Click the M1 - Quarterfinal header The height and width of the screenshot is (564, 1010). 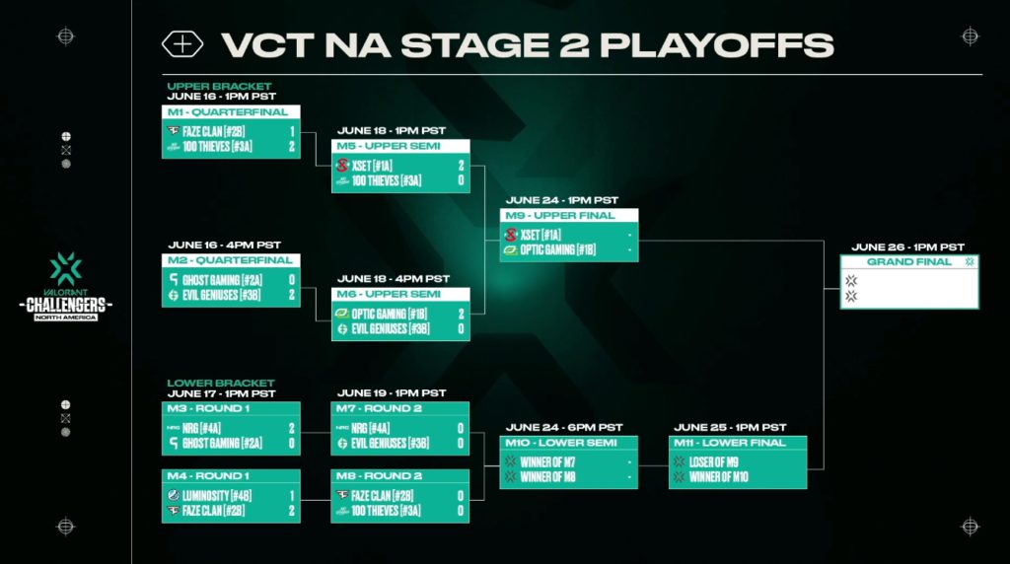point(228,112)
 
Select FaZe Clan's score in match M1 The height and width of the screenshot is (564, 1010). point(292,131)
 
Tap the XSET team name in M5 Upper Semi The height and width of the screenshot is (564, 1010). point(373,166)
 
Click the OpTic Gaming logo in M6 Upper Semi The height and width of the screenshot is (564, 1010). point(341,314)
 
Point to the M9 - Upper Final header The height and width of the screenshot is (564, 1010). point(560,216)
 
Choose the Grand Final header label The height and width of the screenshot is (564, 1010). point(908,261)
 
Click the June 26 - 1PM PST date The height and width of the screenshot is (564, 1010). point(907,247)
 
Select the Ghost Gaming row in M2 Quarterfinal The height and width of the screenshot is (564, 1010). point(231,280)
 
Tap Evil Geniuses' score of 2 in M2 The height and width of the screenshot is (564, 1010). point(292,295)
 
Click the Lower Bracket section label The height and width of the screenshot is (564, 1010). point(221,384)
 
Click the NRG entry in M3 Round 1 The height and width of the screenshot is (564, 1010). point(231,428)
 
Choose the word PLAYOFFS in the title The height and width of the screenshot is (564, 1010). point(716,45)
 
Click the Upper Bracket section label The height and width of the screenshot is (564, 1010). point(219,86)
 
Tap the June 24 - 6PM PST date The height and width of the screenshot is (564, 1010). point(563,428)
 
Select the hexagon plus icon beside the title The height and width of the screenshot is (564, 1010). point(182,44)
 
